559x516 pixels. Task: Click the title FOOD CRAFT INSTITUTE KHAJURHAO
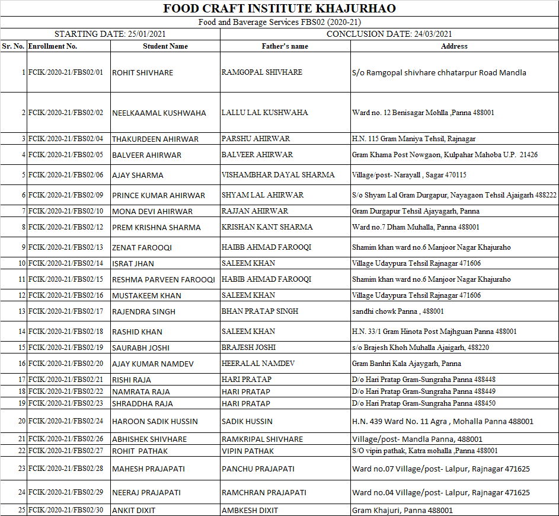tap(279, 8)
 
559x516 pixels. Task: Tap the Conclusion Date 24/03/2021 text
tap(389, 34)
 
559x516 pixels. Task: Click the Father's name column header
tap(285, 46)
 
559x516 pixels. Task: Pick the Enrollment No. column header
tap(53, 46)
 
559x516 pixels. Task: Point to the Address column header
tap(454, 46)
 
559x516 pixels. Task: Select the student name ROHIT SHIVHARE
tap(143, 72)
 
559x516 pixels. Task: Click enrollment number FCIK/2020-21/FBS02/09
tap(66, 195)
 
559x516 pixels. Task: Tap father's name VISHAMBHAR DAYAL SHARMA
tap(278, 175)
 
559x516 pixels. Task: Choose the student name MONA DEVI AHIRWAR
tap(152, 211)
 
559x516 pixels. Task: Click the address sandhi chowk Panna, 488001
tap(398, 311)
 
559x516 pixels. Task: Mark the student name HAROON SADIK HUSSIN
tap(155, 422)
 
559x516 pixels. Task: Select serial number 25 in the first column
tap(21, 510)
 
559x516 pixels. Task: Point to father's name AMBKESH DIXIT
tap(250, 510)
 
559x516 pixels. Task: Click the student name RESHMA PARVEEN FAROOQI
tap(164, 279)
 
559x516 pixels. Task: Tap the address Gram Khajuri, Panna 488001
tap(403, 510)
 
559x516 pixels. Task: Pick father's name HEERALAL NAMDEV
tap(258, 364)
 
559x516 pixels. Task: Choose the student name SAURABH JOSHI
tap(140, 348)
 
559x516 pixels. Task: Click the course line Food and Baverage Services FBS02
tap(279, 22)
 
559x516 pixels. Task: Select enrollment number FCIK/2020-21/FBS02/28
tap(66, 469)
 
